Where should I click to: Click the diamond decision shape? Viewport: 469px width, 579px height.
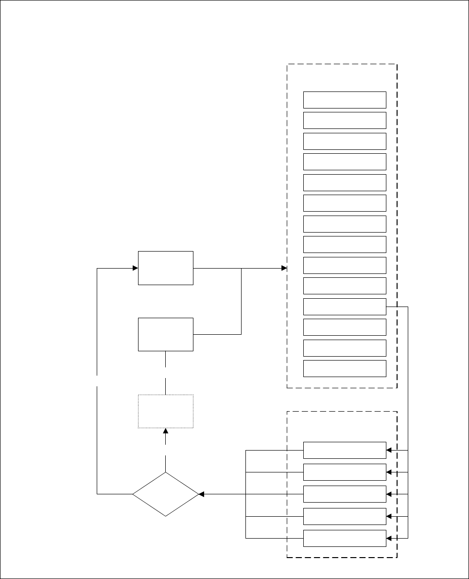[x=165, y=494]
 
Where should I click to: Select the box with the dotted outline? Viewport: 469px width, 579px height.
[x=165, y=411]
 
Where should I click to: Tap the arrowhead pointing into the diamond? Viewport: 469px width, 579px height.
[x=201, y=494]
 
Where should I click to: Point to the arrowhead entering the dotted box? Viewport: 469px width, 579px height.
[x=165, y=431]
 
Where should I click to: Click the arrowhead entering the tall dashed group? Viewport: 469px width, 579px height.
[x=284, y=268]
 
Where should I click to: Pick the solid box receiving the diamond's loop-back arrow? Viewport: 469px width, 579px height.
[x=165, y=268]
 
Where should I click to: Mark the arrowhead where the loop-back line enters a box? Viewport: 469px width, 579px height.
[x=136, y=268]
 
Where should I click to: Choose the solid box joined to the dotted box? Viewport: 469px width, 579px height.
[x=165, y=334]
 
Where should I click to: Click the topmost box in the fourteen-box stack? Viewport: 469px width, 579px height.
[x=345, y=100]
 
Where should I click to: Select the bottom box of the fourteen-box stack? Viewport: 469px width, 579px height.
[x=345, y=368]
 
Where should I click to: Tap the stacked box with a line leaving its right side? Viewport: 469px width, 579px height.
[x=345, y=307]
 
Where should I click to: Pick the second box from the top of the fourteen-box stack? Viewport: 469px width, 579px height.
[x=345, y=120]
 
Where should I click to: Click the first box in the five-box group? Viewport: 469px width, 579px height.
[x=345, y=450]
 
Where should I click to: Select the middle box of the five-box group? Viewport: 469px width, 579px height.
[x=345, y=494]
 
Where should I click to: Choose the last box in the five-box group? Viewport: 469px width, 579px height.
[x=345, y=538]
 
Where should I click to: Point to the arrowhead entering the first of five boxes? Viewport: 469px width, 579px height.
[x=389, y=450]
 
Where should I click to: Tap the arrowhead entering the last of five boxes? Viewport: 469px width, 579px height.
[x=389, y=538]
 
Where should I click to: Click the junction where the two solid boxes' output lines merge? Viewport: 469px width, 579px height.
[x=242, y=268]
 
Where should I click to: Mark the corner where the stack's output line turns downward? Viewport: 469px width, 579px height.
[x=408, y=307]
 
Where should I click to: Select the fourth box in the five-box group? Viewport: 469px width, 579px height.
[x=345, y=516]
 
